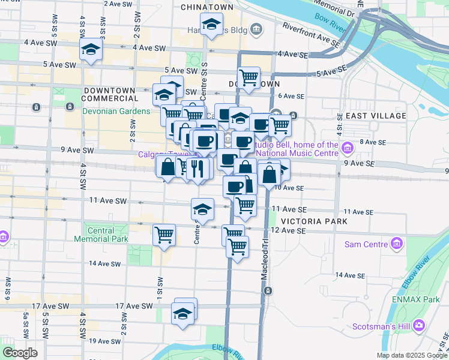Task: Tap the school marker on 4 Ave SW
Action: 91,50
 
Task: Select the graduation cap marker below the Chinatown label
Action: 211,26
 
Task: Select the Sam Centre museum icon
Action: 396,244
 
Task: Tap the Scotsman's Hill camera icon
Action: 419,325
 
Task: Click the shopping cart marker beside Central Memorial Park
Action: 164,235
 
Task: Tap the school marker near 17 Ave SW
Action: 184,313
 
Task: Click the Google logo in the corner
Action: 20,353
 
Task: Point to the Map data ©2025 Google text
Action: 411,355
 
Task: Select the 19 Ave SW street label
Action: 106,341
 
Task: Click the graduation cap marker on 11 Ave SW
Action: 202,209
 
